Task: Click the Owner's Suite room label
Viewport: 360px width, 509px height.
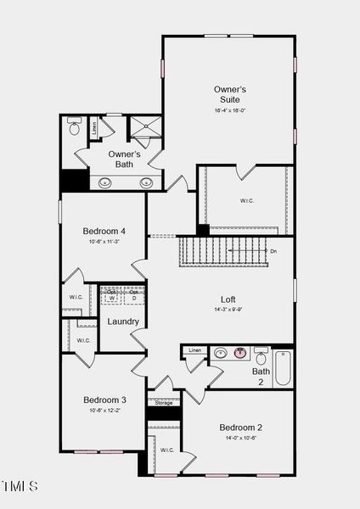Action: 229,94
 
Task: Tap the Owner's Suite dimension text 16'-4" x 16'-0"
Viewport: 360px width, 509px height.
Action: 229,110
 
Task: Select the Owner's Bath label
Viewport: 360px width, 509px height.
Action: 125,159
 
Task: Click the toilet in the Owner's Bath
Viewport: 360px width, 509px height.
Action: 74,130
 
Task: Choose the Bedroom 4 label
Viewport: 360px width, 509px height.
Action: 104,231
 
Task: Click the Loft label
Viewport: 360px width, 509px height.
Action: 228,299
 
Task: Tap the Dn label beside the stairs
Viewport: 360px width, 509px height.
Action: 273,251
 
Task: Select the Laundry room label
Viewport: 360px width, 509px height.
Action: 123,322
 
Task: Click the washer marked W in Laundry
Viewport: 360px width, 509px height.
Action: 112,299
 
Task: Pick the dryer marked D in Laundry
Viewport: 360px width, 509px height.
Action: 134,299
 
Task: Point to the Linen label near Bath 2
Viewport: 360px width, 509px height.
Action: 195,350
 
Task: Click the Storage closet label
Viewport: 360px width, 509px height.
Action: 164,403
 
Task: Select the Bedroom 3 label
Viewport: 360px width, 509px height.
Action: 104,400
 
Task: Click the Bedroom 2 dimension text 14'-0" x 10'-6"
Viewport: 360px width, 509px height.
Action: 241,439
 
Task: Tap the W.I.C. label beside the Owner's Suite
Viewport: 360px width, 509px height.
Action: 247,201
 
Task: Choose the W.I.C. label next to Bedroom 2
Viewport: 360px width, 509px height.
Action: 166,450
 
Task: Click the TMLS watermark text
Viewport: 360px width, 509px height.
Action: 20,486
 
